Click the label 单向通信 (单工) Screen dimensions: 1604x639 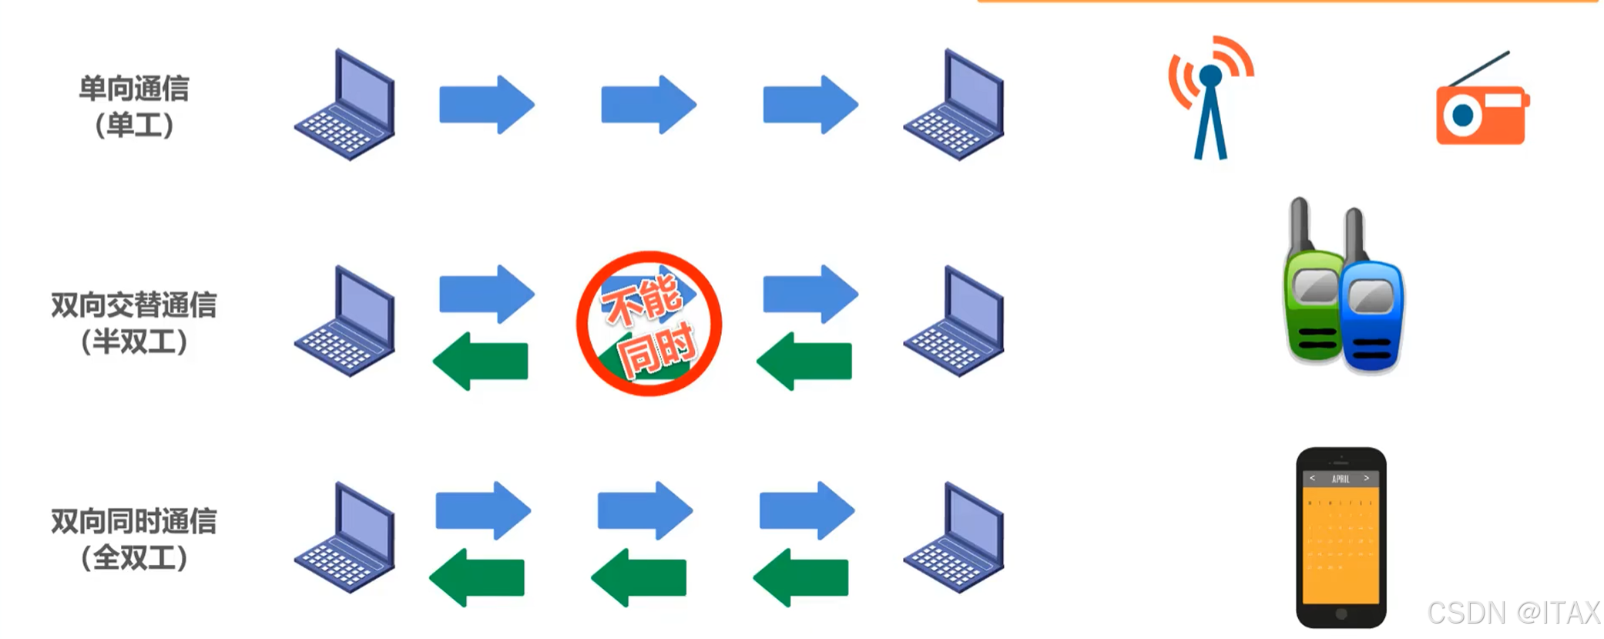pos(134,106)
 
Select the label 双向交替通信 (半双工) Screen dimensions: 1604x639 pos(134,323)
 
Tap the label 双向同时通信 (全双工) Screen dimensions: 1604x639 pos(134,539)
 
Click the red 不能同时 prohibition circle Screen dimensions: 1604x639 pos(649,324)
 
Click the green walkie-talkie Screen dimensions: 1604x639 pos(1313,293)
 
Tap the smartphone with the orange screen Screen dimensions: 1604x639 pos(1341,537)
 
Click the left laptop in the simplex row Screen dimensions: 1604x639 pos(347,106)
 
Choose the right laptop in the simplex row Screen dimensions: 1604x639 pos(955,106)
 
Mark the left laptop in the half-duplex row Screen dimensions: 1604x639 pos(347,322)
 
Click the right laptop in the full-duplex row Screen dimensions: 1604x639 pos(955,539)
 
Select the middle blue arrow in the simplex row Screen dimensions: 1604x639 pos(648,105)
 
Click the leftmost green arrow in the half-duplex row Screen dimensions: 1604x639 pos(481,362)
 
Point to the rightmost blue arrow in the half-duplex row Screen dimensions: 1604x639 pos(810,294)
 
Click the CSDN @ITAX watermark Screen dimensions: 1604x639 pos(1513,613)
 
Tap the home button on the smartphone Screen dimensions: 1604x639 pos(1341,614)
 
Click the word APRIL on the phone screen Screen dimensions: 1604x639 pos(1341,479)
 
